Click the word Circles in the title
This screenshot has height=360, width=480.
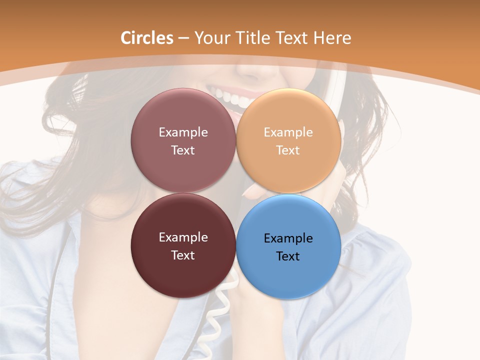click(x=147, y=38)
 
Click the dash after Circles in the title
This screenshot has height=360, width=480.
click(x=183, y=38)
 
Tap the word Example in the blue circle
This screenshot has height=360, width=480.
click(x=288, y=238)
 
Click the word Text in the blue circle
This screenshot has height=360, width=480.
click(x=288, y=256)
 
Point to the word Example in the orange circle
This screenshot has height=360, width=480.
click(x=288, y=132)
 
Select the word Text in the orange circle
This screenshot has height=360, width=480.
click(x=288, y=150)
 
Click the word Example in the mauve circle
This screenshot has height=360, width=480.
click(x=183, y=132)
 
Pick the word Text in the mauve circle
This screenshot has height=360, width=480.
click(x=183, y=150)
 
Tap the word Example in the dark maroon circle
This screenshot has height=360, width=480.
click(x=183, y=237)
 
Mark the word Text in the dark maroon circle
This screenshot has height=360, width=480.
click(x=183, y=255)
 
